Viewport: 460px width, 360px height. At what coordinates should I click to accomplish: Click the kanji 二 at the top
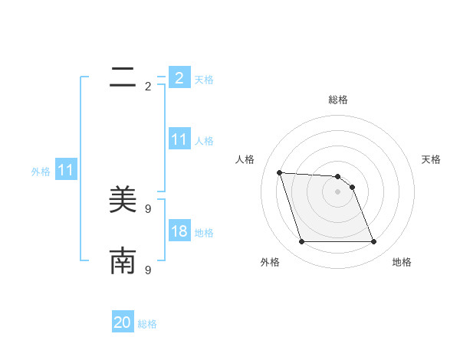point(123,77)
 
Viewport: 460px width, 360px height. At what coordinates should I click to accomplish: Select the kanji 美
point(123,200)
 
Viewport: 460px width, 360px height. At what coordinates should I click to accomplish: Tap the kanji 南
point(123,261)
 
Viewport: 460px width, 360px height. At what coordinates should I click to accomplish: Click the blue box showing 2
point(179,77)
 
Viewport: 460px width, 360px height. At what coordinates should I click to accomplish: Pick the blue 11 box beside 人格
point(179,139)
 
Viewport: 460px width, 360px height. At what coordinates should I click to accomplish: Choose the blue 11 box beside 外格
point(65,171)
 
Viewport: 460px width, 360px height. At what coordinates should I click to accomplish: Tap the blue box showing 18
point(179,231)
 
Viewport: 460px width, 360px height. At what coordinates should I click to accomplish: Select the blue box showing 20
point(123,322)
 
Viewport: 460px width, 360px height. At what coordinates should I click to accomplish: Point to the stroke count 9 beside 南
point(148,270)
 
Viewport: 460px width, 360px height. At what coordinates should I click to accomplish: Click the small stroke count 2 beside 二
point(148,87)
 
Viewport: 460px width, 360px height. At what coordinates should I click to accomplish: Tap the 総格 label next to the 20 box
point(147,324)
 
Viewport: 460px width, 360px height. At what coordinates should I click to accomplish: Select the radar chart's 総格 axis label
point(338,100)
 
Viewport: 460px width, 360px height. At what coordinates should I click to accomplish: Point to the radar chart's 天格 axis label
point(431,159)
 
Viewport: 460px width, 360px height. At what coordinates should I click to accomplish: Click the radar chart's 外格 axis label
point(270,262)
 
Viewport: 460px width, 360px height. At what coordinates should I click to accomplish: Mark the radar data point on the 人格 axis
point(279,172)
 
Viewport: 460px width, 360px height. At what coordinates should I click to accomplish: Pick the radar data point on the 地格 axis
point(373,242)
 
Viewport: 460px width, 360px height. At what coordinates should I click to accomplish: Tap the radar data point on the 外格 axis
point(301,242)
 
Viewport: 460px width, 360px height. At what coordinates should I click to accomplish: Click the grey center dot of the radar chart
point(337,191)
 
